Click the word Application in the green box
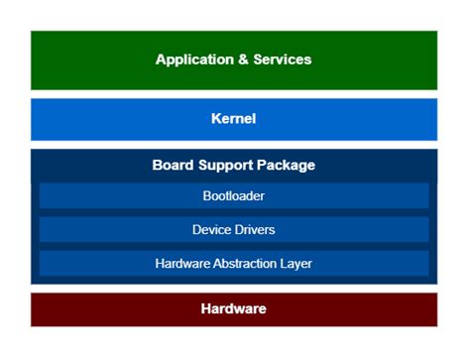[x=191, y=60]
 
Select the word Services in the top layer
[x=280, y=60]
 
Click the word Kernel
[x=233, y=119]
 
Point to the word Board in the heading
[x=173, y=165]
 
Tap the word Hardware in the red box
[x=233, y=309]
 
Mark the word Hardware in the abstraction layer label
[x=182, y=263]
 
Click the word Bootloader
[x=233, y=195]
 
